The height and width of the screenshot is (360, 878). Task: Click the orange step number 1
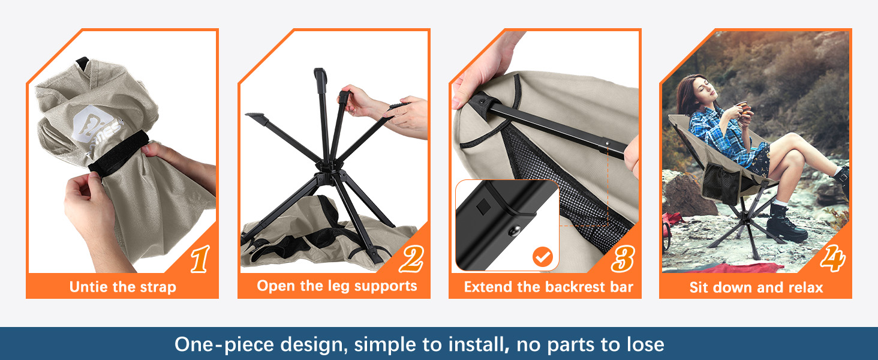pos(200,259)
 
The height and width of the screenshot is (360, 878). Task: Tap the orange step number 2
pos(411,259)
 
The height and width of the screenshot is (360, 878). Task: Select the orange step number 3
pos(623,259)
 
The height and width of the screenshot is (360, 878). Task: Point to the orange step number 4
pos(833,258)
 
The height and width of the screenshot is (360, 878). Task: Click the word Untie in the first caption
pos(89,287)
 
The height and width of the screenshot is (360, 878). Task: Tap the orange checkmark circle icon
pos(543,257)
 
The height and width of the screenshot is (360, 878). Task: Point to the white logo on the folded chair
pos(98,125)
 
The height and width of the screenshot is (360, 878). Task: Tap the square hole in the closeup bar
pos(483,206)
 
